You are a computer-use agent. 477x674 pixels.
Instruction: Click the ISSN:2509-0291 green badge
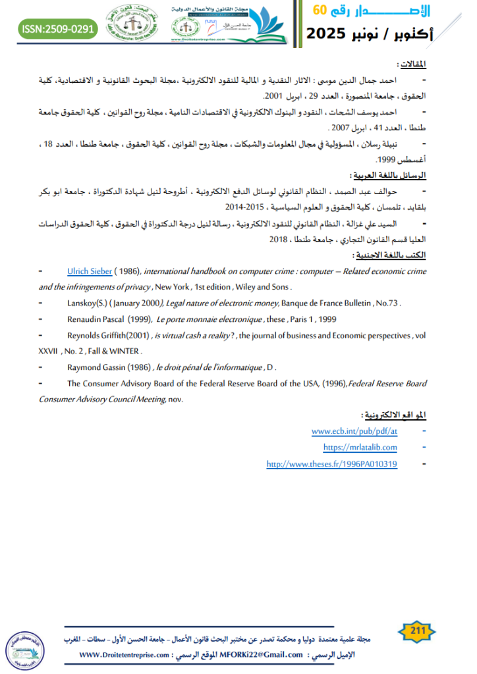[59, 29]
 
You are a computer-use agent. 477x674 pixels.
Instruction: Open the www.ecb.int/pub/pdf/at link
[354, 431]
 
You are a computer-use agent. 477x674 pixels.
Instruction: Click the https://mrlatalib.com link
[361, 448]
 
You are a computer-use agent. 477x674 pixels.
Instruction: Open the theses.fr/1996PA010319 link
[331, 464]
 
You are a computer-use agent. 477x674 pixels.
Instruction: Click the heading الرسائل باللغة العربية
[388, 177]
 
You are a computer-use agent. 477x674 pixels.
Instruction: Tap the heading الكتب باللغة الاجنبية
[389, 255]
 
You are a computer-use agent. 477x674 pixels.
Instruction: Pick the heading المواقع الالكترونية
[394, 415]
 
